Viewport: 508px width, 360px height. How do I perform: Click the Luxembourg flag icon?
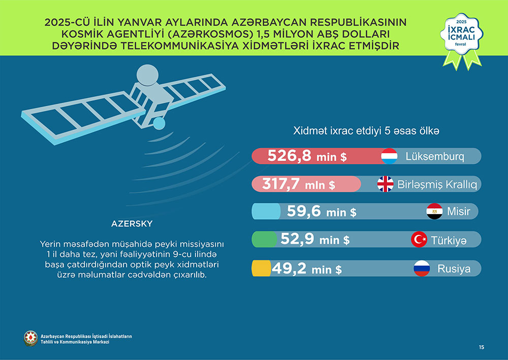pyautogui.click(x=389, y=156)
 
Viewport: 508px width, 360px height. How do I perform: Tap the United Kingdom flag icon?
pyautogui.click(x=385, y=184)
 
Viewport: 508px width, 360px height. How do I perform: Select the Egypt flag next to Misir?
pyautogui.click(x=434, y=211)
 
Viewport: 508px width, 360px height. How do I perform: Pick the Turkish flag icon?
pyautogui.click(x=419, y=239)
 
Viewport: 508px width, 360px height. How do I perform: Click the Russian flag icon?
pyautogui.click(x=422, y=268)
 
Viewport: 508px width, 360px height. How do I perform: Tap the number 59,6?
pyautogui.click(x=304, y=211)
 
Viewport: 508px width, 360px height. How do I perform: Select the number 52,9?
pyautogui.click(x=297, y=239)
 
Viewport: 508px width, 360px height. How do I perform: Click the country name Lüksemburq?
pyautogui.click(x=435, y=156)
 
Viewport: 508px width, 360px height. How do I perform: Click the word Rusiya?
pyautogui.click(x=454, y=268)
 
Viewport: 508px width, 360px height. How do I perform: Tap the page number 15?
pyautogui.click(x=481, y=347)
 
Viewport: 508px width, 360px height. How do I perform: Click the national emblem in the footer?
pyautogui.click(x=31, y=338)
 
